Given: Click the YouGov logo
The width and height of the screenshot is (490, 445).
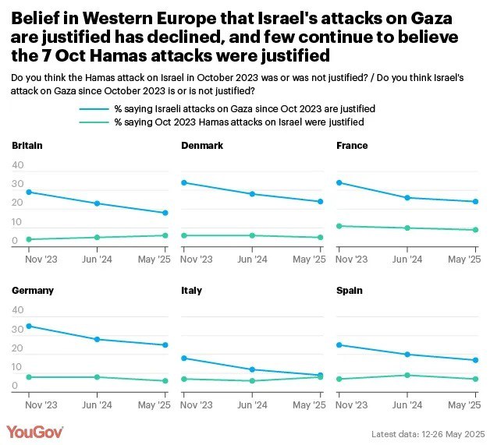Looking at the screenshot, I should [x=35, y=432].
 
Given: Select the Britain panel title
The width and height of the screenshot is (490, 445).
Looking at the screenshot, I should [x=27, y=146].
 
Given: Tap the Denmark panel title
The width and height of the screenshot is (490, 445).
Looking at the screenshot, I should [x=202, y=146].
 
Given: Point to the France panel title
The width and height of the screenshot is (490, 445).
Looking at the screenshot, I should [x=352, y=146].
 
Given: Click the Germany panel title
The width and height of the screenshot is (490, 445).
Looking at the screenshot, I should [x=33, y=291].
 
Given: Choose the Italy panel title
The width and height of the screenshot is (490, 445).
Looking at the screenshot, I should [x=191, y=291].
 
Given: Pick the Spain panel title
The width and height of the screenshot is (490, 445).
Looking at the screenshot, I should [x=349, y=291].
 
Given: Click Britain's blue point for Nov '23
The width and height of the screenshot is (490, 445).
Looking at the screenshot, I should [x=29, y=192].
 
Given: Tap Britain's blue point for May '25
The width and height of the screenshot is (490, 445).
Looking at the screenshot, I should [x=165, y=213].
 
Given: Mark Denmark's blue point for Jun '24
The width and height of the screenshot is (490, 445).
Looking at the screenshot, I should [x=252, y=193].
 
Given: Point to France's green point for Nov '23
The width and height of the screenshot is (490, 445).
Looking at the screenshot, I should [x=339, y=226].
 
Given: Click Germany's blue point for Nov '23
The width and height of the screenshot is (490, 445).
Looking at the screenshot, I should [x=29, y=326].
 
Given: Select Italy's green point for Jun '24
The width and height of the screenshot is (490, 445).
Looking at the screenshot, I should [x=252, y=380].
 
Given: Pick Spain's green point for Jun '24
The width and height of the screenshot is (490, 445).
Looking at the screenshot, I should [x=407, y=375].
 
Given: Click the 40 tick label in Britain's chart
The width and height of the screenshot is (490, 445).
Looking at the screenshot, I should [x=18, y=165].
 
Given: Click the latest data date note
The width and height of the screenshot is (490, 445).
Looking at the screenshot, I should [x=428, y=433].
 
